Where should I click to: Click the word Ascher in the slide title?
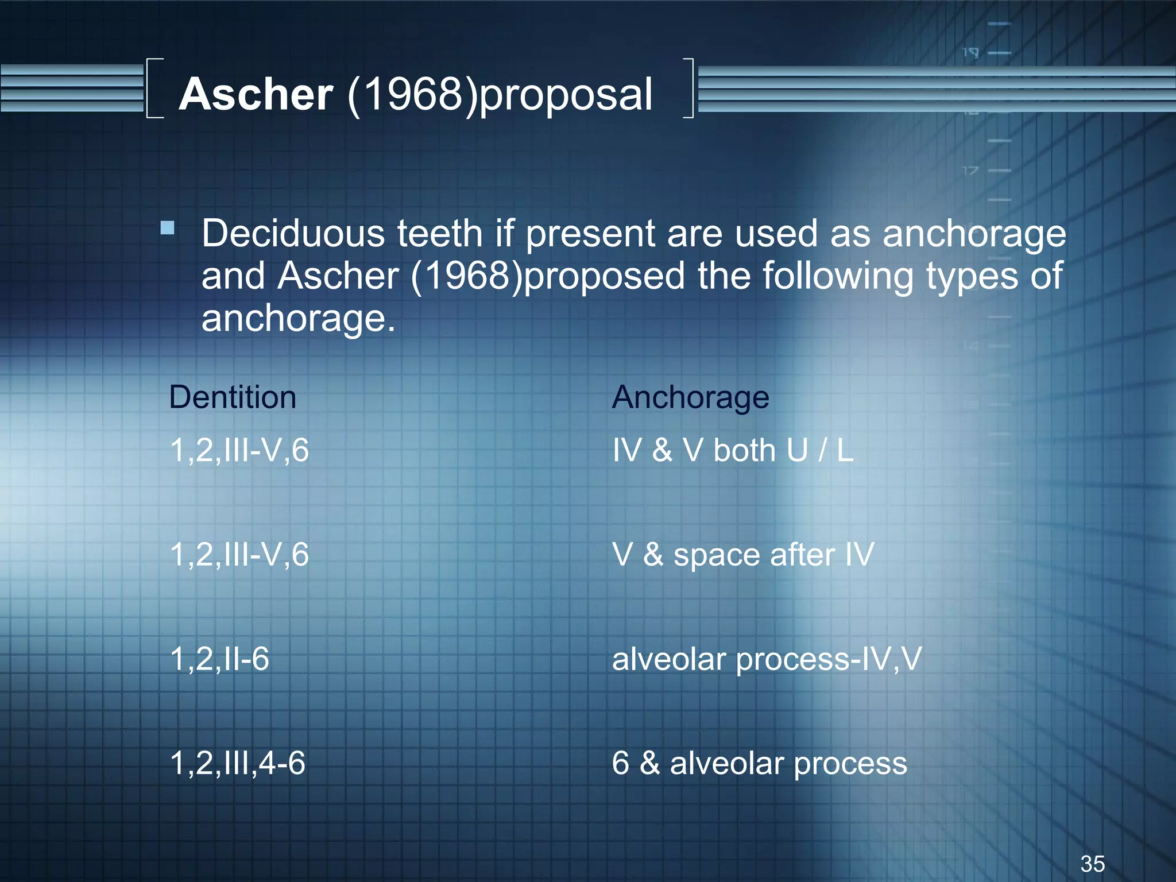point(256,95)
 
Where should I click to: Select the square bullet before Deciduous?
point(168,229)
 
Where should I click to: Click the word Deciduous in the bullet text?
point(293,234)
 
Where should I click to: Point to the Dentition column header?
point(233,397)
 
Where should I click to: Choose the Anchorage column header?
point(690,397)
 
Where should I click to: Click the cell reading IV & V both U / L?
point(733,450)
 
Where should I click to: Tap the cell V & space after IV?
point(743,555)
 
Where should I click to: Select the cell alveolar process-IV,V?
point(767,659)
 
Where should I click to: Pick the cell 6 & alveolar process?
point(759,764)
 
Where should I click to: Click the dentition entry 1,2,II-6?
point(219,659)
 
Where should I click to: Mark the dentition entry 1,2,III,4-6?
point(238,764)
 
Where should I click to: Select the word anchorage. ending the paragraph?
point(298,319)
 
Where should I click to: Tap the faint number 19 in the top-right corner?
point(970,53)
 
